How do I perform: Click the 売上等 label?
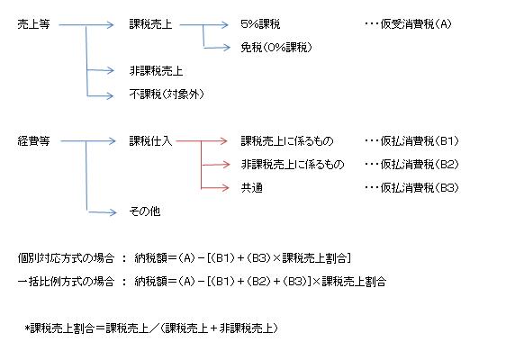(33, 24)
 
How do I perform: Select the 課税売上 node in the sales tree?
(150, 24)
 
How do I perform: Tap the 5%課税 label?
(260, 24)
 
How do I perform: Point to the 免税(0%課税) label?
(276, 48)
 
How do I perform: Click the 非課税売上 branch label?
(156, 71)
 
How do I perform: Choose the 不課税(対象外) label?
(167, 94)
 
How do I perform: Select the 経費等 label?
(33, 141)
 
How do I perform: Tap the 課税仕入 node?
(150, 141)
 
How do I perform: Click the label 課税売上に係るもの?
(287, 141)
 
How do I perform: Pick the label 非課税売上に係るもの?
(293, 165)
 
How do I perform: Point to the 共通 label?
(251, 188)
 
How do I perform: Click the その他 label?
(145, 211)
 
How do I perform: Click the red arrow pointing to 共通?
(215, 188)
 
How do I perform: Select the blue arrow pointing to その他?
(102, 212)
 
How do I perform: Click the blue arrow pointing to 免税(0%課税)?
(217, 48)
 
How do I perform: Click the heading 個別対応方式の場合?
(66, 258)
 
